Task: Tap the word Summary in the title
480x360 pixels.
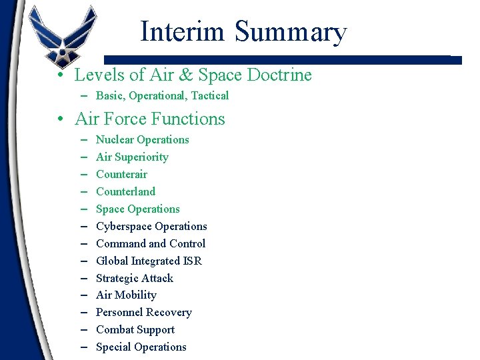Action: coord(291,31)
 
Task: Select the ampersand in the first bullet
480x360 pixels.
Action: coord(184,75)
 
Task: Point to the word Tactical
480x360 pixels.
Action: coord(209,95)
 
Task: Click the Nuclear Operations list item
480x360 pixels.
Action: coord(142,139)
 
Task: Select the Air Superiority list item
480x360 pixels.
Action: coord(132,157)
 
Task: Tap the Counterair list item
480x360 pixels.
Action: coord(121,174)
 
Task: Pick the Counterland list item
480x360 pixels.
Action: coord(125,191)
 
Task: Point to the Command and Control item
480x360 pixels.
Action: coord(151,243)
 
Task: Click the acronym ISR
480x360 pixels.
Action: coord(191,261)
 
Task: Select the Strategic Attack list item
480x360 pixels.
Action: coord(134,278)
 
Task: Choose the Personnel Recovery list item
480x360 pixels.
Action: coord(143,312)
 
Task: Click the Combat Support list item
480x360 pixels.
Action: coord(135,329)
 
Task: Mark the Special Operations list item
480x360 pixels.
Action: coord(141,347)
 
